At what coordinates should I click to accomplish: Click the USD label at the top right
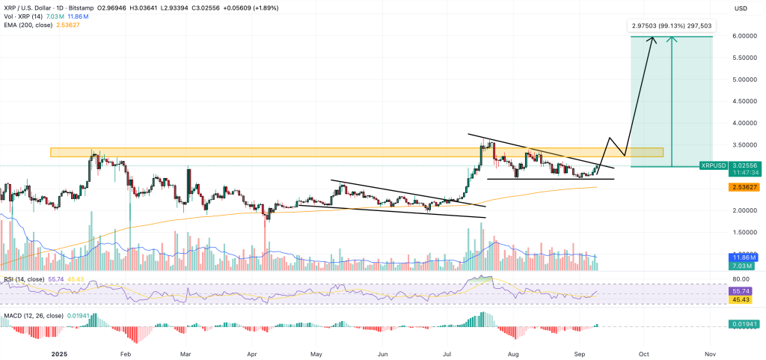pyautogui.click(x=741, y=8)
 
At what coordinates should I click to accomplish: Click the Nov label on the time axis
pyautogui.click(x=711, y=352)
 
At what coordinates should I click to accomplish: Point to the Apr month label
pyautogui.click(x=252, y=352)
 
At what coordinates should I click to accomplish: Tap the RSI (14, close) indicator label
pyautogui.click(x=25, y=278)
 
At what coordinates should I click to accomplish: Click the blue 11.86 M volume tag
pyautogui.click(x=742, y=257)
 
